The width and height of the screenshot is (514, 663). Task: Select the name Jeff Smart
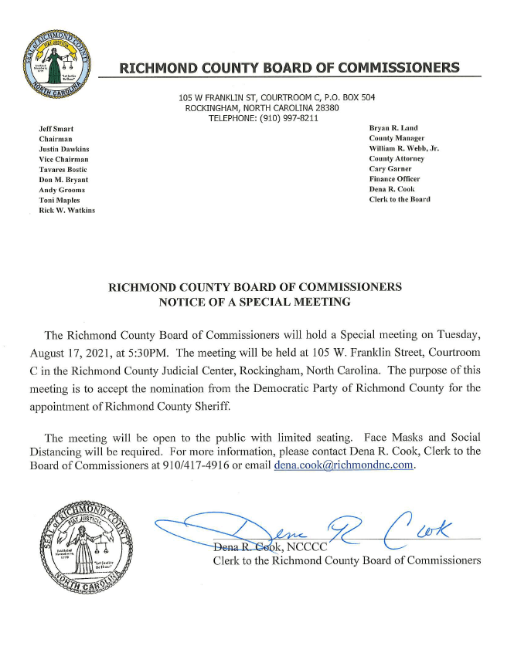[56, 127]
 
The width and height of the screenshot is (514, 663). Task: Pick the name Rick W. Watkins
[67, 211]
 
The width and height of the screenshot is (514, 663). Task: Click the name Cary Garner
[391, 169]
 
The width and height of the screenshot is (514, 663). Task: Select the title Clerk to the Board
[400, 200]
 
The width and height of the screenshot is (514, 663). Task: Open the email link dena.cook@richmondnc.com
[345, 465]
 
